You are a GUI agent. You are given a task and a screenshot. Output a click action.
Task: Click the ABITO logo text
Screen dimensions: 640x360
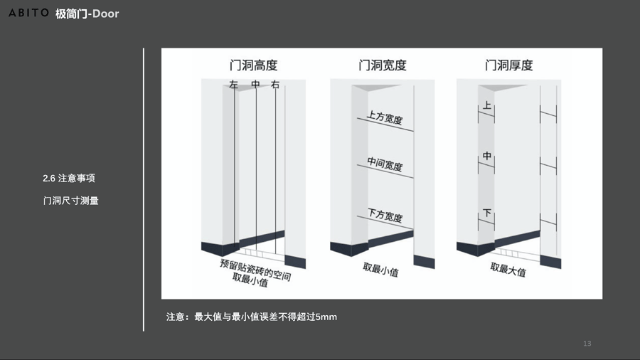[x=28, y=13]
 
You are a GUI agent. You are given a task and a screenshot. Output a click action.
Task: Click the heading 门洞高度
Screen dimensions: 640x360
[x=253, y=65]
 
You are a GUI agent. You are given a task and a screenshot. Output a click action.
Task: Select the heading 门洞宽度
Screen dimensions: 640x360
[x=383, y=65]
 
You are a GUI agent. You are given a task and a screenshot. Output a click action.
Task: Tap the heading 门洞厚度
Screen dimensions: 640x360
[x=509, y=65]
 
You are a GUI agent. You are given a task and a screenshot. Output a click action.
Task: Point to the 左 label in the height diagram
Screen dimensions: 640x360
[x=233, y=85]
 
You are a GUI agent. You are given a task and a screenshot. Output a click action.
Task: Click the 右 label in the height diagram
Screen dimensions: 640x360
[x=275, y=85]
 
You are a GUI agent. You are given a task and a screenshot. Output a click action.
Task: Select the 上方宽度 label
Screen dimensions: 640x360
[x=385, y=117]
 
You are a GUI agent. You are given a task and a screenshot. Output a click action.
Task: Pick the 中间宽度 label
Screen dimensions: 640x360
[x=385, y=164]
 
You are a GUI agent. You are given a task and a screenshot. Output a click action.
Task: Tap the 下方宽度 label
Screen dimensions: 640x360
[x=385, y=215]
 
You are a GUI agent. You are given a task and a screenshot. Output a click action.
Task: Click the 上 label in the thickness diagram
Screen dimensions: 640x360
[x=487, y=105]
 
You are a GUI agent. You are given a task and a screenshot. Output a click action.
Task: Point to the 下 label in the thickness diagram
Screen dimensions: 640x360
[x=487, y=213]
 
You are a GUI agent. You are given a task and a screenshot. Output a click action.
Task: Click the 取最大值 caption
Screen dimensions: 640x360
[x=508, y=270]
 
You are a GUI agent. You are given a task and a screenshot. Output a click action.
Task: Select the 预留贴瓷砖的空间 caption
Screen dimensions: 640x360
[x=255, y=270]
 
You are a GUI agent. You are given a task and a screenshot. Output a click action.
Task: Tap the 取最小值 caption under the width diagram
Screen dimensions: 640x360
[x=381, y=270]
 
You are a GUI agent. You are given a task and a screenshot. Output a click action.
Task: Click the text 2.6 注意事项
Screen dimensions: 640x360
[x=69, y=179]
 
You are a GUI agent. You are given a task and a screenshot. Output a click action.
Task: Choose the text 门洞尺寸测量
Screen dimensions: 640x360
[x=71, y=201]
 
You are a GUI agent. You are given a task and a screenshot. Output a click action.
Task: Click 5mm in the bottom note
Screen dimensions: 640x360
[x=326, y=317]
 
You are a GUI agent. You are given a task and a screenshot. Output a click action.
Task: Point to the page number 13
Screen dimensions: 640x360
[x=587, y=344]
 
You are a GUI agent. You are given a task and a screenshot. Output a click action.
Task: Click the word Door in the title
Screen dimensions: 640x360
[x=106, y=14]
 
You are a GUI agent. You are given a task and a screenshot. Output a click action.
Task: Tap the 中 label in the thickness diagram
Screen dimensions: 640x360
[x=487, y=156]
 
